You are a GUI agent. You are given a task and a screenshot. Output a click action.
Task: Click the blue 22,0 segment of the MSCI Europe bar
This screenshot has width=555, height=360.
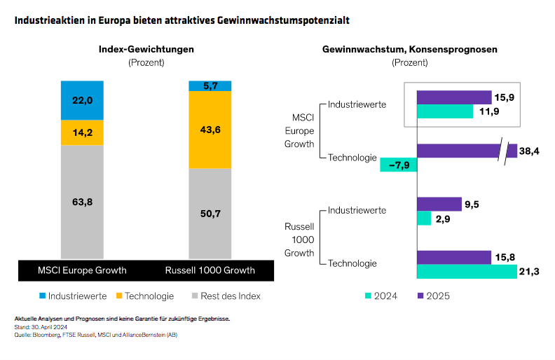pos(82,100)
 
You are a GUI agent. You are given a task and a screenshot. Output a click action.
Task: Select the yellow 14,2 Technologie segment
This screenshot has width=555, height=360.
pos(82,132)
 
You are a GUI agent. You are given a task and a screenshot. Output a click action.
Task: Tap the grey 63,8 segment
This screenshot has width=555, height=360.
pos(82,202)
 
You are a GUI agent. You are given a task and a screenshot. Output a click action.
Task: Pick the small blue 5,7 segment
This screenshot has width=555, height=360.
pos(210,85)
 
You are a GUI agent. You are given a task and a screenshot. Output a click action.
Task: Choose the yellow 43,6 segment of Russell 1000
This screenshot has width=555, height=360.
pos(210,130)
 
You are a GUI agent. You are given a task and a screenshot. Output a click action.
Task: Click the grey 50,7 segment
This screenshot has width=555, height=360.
pos(210,214)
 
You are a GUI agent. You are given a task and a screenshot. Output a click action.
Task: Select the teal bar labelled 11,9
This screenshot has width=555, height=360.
pos(445,111)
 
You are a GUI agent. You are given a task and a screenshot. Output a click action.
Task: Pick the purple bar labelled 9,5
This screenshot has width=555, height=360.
pos(439,204)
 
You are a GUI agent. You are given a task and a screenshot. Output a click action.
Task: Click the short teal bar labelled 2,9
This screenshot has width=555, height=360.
pos(424,219)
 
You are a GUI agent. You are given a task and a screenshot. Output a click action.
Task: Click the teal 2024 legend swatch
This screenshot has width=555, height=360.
pos(369,296)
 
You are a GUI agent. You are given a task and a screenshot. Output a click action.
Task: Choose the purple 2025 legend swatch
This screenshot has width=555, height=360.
pos(422,296)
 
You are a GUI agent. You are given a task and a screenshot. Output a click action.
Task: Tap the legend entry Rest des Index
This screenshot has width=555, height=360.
pos(228,296)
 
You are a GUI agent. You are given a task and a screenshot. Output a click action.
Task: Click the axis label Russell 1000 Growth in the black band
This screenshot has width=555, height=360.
pos(210,270)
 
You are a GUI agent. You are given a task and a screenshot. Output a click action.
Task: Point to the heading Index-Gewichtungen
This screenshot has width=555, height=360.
pos(146,49)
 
